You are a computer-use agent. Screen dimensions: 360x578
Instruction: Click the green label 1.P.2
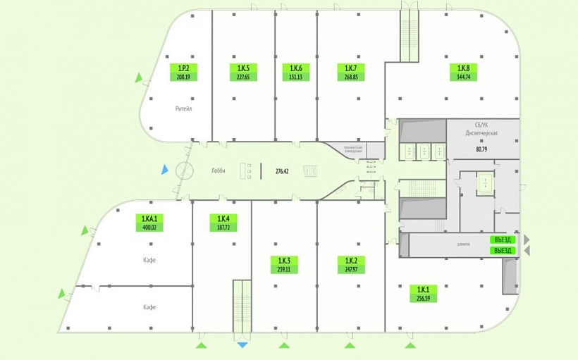[184, 72]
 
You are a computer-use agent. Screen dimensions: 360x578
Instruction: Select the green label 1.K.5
[243, 72]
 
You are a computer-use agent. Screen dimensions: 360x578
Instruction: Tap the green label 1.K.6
[295, 72]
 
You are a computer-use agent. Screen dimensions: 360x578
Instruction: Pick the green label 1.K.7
[350, 72]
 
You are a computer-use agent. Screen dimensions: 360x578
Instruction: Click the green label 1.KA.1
[149, 223]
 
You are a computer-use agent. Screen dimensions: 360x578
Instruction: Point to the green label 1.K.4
[223, 223]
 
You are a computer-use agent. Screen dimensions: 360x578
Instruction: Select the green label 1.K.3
[283, 263]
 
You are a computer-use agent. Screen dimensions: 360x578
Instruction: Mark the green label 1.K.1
[423, 293]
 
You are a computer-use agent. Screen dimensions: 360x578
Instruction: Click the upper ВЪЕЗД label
[502, 240]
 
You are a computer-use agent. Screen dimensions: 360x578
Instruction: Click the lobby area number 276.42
[282, 170]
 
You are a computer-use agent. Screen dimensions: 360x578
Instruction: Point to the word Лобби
[218, 170]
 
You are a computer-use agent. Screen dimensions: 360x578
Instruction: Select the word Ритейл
[184, 109]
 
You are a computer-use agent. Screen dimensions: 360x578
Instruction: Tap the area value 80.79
[481, 149]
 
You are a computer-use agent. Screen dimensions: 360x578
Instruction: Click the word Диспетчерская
[482, 133]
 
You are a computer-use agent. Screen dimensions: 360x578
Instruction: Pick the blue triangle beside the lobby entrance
[164, 169]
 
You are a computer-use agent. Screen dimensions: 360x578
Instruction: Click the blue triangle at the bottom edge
[242, 345]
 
